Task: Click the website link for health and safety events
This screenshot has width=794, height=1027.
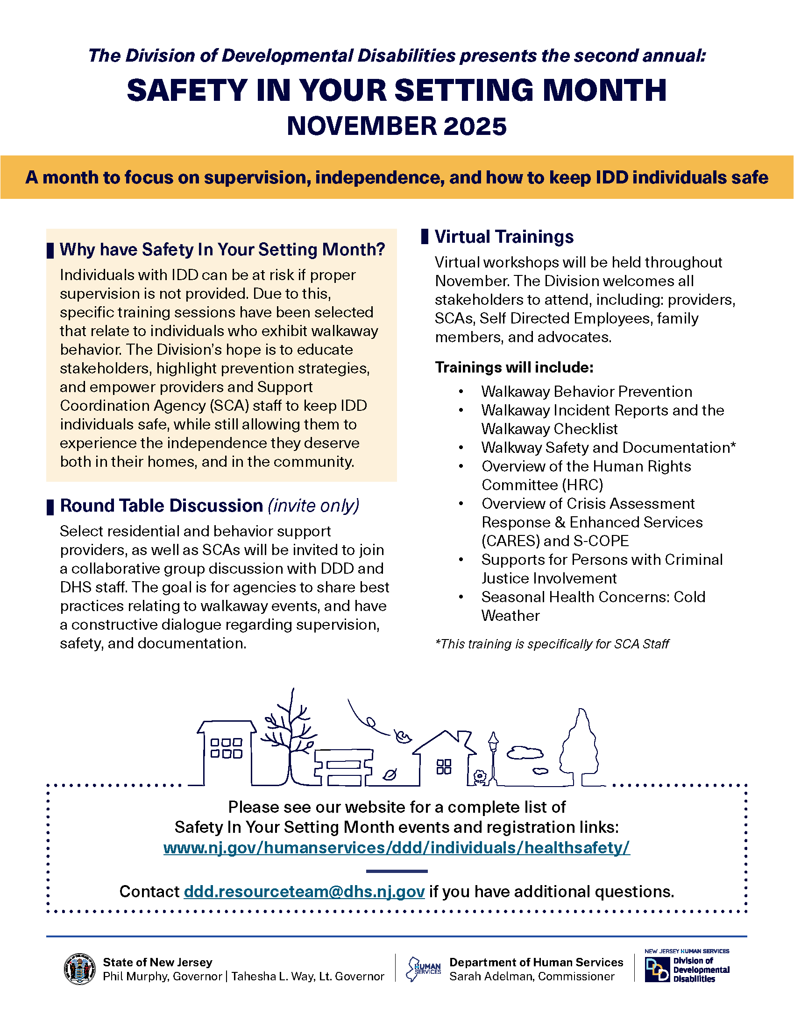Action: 397,847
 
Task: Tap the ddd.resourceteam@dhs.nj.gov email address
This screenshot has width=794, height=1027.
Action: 305,891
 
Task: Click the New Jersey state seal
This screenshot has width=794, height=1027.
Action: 79,969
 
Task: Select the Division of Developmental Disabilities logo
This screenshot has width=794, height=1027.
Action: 687,968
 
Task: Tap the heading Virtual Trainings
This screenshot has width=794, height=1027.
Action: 504,237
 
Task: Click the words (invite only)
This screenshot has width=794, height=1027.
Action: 314,506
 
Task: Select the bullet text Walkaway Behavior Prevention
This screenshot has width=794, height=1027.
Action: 587,391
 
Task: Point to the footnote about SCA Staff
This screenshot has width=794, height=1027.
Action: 552,644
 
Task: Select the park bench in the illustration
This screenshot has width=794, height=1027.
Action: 343,767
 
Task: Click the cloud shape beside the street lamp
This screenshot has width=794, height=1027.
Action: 525,753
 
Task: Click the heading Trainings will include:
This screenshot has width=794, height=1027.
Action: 514,367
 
